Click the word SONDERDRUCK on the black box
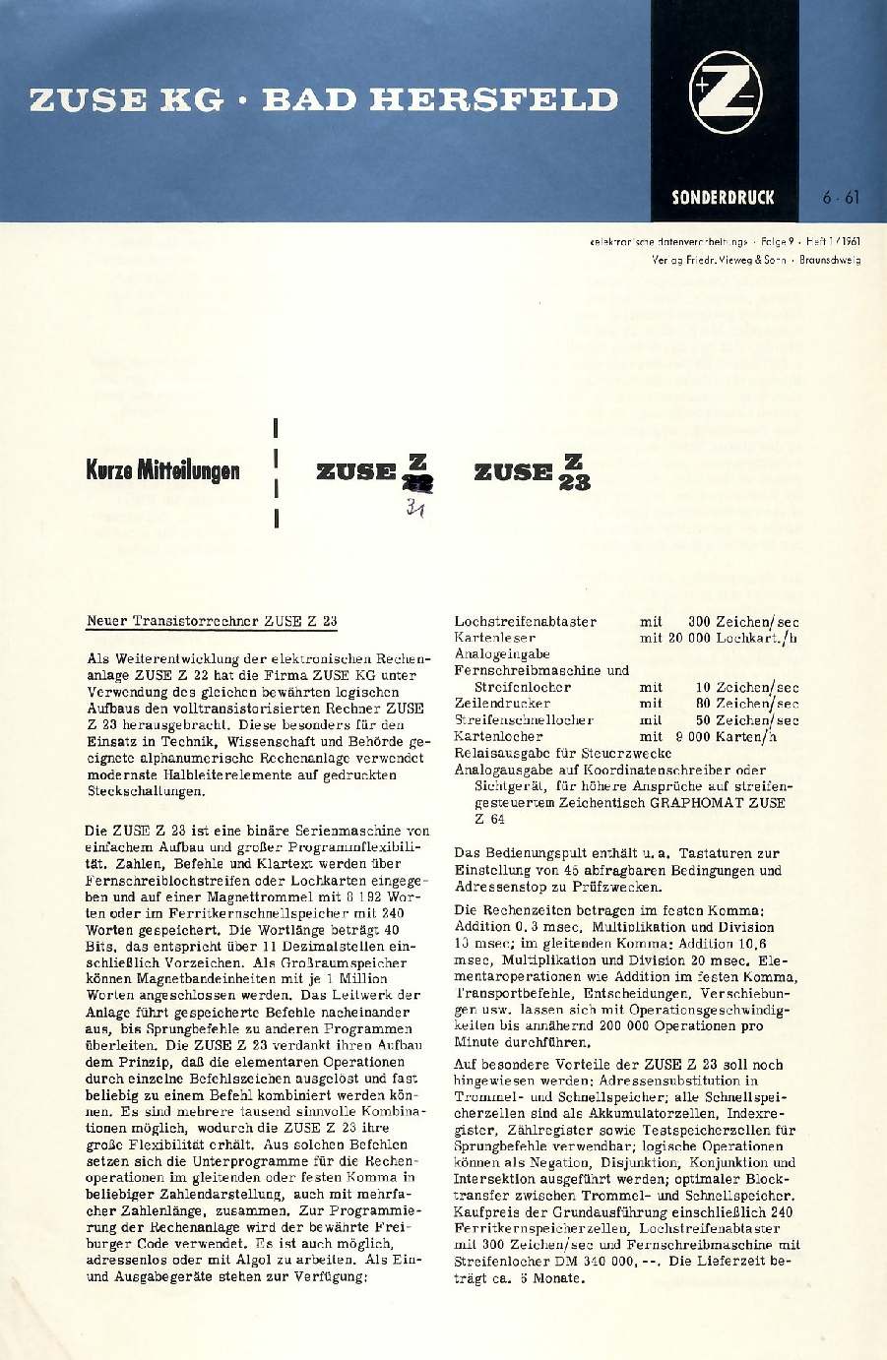coord(723,197)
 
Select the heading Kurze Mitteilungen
coord(162,470)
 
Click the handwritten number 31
coord(414,508)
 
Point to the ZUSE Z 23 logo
coord(532,471)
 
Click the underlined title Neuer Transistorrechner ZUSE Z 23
coord(212,621)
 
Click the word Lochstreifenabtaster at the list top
coord(525,622)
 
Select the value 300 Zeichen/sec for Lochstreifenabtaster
coord(743,622)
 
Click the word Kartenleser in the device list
coord(494,638)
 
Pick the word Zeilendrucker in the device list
coord(502,704)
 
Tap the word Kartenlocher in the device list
coord(498,736)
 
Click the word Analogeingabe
coord(502,654)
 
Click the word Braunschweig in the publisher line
coord(830,261)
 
